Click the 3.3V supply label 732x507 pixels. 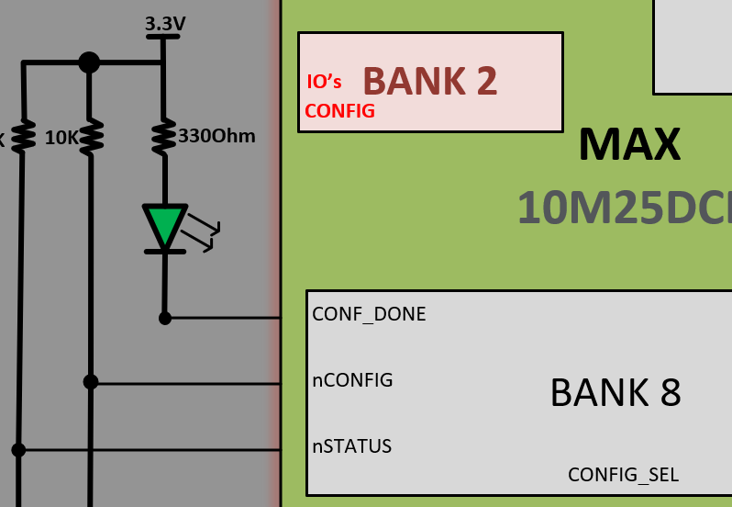[x=165, y=23]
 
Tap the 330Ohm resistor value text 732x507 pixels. [x=216, y=137]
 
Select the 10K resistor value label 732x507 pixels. [x=62, y=138]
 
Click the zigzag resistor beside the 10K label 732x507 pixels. [x=91, y=137]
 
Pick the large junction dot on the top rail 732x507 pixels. [x=89, y=62]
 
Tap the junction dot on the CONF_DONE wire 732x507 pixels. [x=165, y=318]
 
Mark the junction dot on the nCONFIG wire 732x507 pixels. [x=90, y=381]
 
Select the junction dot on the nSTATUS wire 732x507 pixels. [x=18, y=449]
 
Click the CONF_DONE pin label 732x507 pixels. [x=369, y=314]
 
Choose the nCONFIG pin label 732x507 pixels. [x=352, y=380]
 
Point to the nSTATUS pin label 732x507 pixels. [x=351, y=446]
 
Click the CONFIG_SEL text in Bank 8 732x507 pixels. [x=623, y=475]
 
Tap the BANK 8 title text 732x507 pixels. [x=615, y=392]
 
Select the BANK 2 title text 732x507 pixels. [x=430, y=82]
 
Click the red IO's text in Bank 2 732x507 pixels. [x=324, y=83]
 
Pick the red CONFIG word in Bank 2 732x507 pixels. [x=339, y=111]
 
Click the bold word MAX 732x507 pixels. [x=629, y=144]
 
